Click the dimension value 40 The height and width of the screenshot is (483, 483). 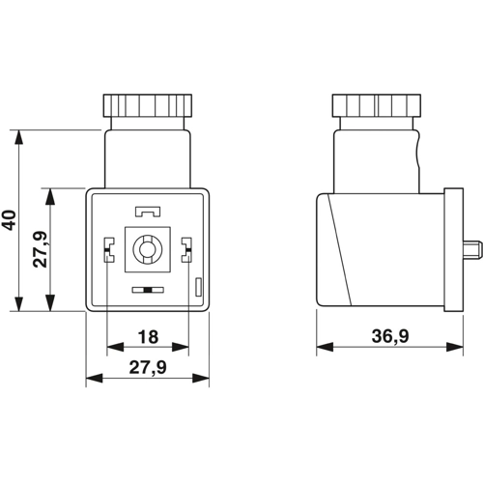pyautogui.click(x=9, y=220)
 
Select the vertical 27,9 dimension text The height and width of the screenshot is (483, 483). pyautogui.click(x=41, y=249)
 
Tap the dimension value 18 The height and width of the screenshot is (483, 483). pyautogui.click(x=148, y=337)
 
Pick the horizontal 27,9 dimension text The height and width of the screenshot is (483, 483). pyautogui.click(x=148, y=367)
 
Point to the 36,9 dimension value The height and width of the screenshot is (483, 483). pyautogui.click(x=390, y=336)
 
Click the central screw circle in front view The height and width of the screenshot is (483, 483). pyautogui.click(x=148, y=249)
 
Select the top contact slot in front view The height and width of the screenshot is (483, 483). pyautogui.click(x=148, y=212)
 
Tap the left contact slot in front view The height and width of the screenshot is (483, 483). pyautogui.click(x=109, y=249)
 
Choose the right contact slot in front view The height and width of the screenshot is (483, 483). pyautogui.click(x=186, y=249)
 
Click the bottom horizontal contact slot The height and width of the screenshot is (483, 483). pyautogui.click(x=148, y=290)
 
